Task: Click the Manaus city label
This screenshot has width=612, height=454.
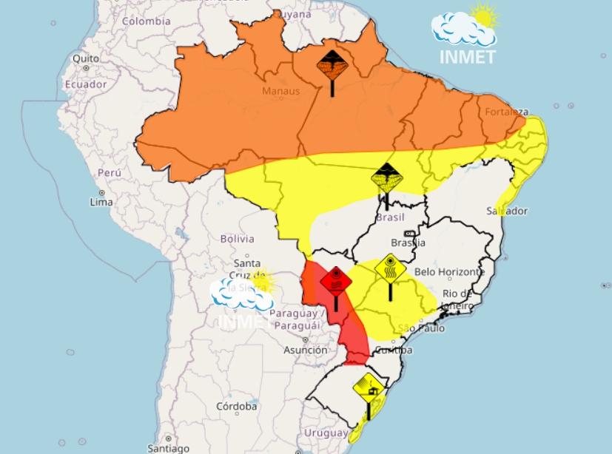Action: (x=281, y=91)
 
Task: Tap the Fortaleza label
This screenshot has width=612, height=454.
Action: (x=507, y=112)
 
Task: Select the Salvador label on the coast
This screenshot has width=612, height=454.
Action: (x=507, y=211)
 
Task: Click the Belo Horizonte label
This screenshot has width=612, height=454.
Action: (x=450, y=272)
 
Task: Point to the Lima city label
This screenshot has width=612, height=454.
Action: (x=101, y=202)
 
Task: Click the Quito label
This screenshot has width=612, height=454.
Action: (x=86, y=58)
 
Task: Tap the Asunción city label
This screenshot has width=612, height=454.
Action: (x=306, y=350)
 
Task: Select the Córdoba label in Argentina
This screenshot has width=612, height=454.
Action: (x=237, y=407)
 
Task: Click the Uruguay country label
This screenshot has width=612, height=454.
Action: (x=325, y=433)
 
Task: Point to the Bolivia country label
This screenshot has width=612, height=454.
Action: (x=237, y=239)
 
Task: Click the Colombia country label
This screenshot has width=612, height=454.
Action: (x=147, y=21)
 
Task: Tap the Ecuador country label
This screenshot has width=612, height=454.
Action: (x=86, y=84)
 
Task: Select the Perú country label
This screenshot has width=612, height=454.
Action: (x=109, y=172)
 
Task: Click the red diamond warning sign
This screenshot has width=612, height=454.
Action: (x=335, y=282)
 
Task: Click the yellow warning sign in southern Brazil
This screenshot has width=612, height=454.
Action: (x=368, y=387)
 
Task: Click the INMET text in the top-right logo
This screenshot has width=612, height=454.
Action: (x=466, y=56)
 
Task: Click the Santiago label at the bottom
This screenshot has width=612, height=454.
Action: (x=168, y=448)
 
